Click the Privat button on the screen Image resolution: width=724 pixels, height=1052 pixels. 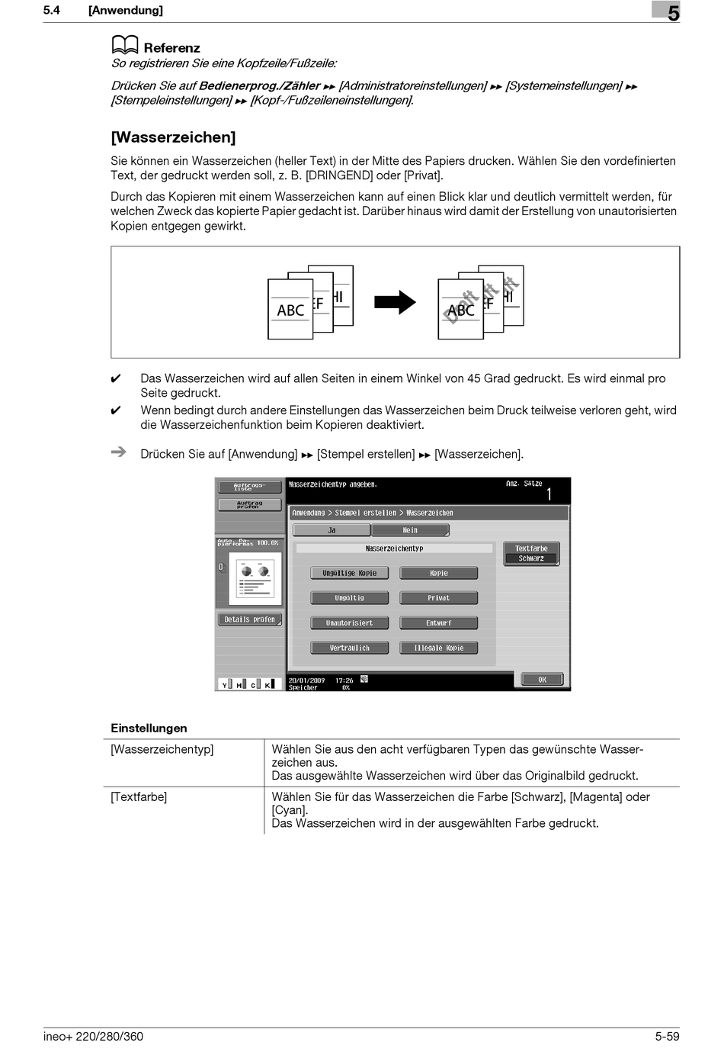438,598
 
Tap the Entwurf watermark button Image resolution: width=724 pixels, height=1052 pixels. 438,623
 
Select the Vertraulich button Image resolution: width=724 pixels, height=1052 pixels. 349,648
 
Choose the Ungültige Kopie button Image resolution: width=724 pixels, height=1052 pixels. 349,573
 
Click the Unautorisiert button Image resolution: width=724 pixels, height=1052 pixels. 349,623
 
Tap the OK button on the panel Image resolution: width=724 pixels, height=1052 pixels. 542,679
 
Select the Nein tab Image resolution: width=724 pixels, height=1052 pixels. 410,530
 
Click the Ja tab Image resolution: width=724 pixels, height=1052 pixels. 332,530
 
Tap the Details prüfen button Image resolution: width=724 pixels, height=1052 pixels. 249,619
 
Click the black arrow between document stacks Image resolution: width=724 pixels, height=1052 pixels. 395,303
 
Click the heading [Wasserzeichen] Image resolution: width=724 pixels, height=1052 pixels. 173,137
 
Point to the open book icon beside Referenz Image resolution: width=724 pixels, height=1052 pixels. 125,46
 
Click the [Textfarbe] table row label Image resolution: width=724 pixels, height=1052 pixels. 139,797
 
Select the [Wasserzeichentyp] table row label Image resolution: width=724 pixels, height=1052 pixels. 162,750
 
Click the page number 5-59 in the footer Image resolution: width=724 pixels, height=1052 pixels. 666,1036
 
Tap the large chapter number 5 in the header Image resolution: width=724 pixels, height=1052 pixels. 673,13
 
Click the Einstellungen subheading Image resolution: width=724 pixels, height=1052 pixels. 149,729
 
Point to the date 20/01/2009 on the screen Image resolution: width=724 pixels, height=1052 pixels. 306,680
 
